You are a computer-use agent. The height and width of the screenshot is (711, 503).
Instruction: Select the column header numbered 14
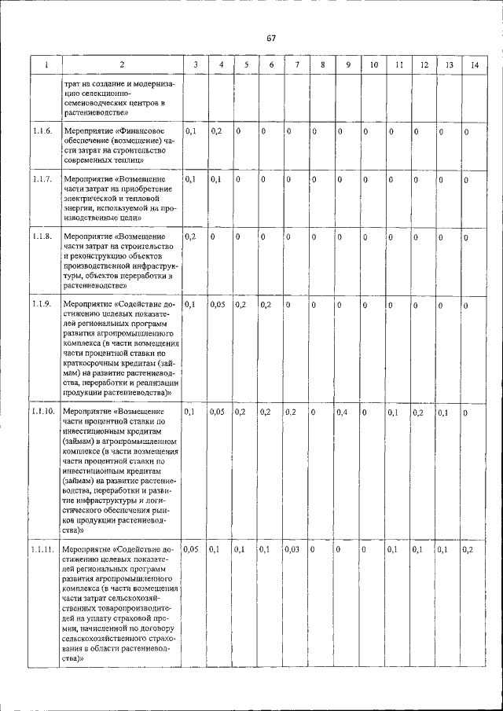tap(474, 64)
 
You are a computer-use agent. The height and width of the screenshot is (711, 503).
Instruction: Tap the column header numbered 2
tap(122, 64)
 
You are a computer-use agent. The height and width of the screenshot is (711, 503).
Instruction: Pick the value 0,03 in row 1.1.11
tap(292, 549)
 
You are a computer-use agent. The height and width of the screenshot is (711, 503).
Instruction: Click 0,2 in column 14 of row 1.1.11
tap(468, 549)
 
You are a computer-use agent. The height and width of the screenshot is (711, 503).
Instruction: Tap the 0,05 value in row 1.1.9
tap(218, 304)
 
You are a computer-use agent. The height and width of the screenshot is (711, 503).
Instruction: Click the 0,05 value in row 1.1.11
tap(191, 549)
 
